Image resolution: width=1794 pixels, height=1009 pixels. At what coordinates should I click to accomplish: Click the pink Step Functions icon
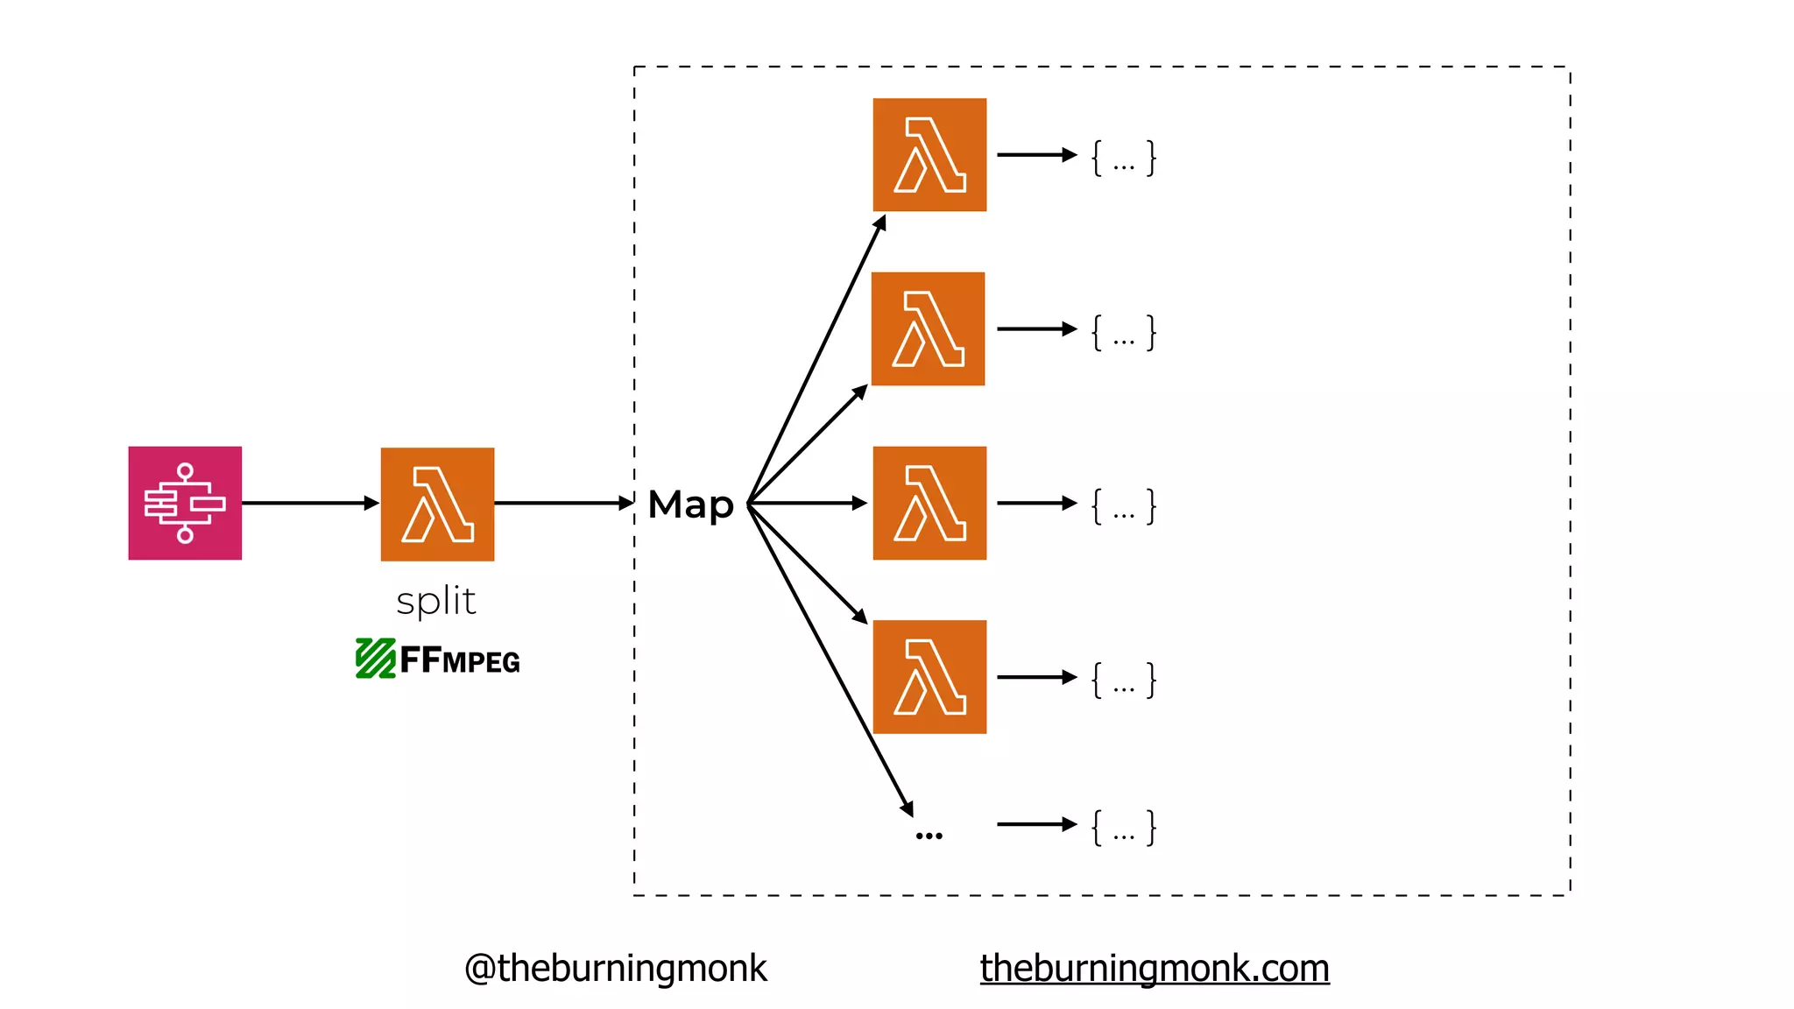185,503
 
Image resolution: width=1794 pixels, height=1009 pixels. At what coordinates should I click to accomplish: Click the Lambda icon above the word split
437,504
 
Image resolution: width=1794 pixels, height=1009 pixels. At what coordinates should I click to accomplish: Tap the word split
436,602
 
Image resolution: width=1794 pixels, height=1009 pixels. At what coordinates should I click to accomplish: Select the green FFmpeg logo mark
376,659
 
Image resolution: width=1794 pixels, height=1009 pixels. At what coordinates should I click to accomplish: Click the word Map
690,505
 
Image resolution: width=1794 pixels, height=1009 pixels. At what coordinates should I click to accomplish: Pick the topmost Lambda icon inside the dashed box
929,155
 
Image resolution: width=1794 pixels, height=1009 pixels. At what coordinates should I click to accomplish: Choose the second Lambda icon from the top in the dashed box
929,328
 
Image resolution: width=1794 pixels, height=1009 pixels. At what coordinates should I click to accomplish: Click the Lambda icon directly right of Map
929,503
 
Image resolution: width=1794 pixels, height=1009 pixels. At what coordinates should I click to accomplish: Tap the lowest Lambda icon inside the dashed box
929,676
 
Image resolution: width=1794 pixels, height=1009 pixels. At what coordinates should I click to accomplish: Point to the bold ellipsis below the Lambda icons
929,836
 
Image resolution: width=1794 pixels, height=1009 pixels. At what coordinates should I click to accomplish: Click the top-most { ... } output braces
1123,159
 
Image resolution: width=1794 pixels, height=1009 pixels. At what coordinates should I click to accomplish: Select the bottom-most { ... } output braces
1123,828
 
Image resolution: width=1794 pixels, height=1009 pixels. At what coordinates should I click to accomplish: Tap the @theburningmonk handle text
615,969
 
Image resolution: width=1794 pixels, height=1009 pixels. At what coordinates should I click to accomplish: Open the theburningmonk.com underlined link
1154,969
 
